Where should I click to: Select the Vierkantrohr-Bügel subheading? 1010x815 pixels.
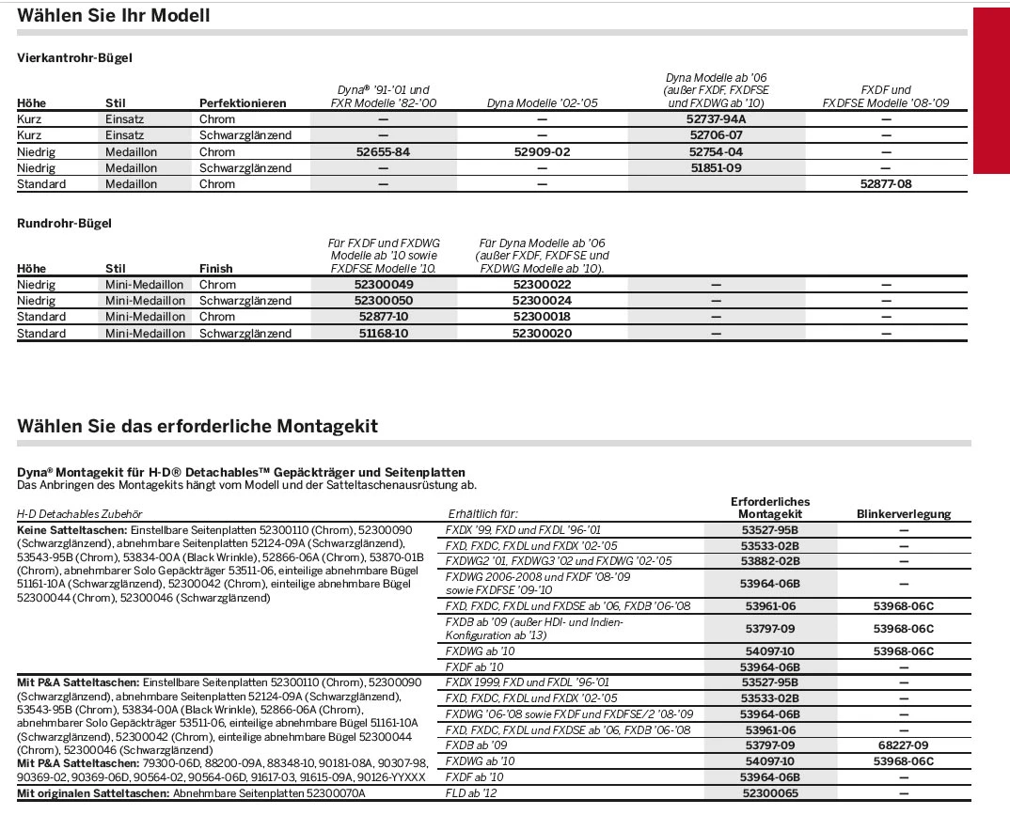[x=74, y=58]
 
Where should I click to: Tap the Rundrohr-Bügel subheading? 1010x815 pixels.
[x=64, y=224]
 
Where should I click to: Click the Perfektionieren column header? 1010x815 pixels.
[x=242, y=102]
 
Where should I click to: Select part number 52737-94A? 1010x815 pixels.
[x=716, y=119]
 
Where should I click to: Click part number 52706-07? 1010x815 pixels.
[x=716, y=135]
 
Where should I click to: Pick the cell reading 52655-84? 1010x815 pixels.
[x=384, y=151]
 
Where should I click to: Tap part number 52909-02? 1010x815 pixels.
[x=542, y=151]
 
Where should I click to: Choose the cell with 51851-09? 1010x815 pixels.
[x=716, y=167]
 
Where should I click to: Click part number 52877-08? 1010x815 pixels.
[x=885, y=184]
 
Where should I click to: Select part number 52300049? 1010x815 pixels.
[x=384, y=285]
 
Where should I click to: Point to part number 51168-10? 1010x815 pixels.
[x=384, y=334]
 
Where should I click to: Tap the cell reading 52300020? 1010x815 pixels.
[x=542, y=334]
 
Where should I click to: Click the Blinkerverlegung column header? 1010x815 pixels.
[x=903, y=514]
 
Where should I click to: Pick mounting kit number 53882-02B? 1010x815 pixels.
[x=769, y=561]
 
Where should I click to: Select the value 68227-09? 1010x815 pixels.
[x=903, y=745]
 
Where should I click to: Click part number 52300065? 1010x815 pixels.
[x=769, y=794]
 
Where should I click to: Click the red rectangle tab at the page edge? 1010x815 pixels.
[x=990, y=91]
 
